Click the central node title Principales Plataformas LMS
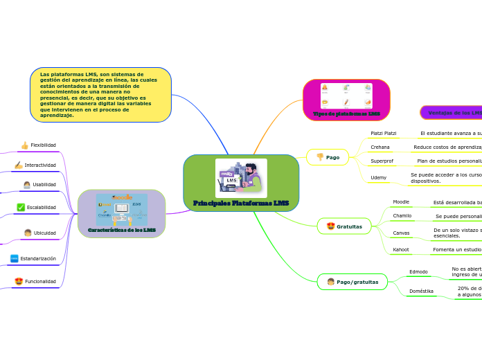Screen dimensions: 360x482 click(241, 203)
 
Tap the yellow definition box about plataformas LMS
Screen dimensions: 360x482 click(100, 95)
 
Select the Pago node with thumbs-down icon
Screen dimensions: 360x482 click(327, 157)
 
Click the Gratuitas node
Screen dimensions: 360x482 click(344, 226)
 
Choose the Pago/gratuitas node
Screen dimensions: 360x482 click(352, 282)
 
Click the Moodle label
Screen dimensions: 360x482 click(401, 202)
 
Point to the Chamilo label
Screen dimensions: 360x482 click(402, 216)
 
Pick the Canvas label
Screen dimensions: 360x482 click(401, 233)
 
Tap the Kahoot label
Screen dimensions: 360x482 click(401, 249)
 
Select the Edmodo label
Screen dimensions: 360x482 click(418, 272)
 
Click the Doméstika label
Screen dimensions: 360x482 click(421, 291)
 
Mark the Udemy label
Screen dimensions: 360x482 click(379, 178)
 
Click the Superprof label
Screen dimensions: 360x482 click(383, 161)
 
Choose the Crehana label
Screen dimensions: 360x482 click(380, 147)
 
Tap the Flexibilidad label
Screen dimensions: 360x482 click(43, 145)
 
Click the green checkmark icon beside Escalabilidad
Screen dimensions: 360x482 click(21, 207)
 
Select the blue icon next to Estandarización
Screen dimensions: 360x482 click(15, 258)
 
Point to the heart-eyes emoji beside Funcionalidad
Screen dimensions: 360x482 click(19, 282)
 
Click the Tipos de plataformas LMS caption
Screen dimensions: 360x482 click(346, 114)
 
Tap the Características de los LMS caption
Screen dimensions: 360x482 click(121, 230)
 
